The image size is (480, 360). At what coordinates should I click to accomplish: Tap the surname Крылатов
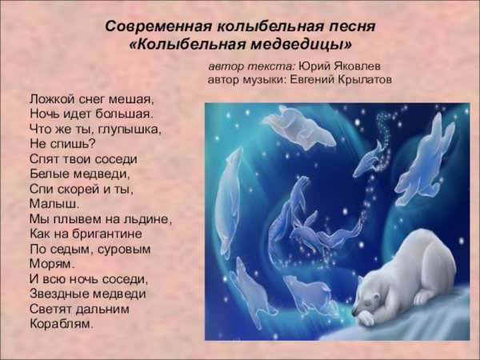click(383, 81)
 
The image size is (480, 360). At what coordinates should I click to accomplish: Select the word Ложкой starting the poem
click(49, 100)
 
